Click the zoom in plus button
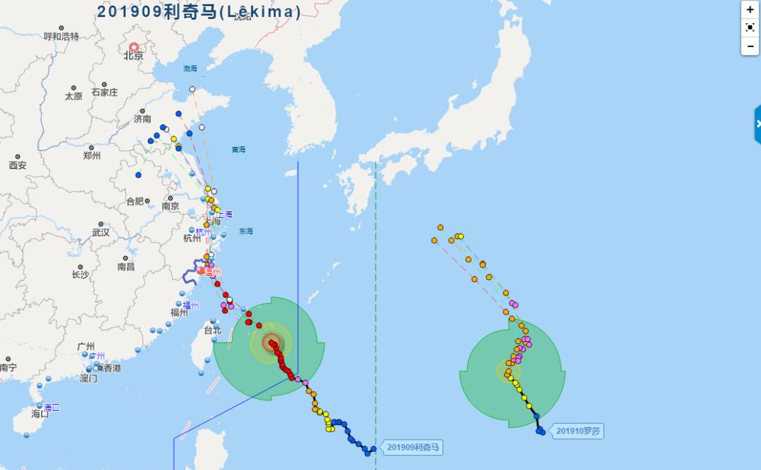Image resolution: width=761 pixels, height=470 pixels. (x=750, y=10)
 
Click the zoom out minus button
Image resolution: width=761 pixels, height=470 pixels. (x=750, y=46)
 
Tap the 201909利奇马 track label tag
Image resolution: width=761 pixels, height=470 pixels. (x=414, y=447)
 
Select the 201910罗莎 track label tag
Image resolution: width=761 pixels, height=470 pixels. (x=579, y=431)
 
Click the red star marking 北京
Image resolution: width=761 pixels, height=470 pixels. (x=134, y=47)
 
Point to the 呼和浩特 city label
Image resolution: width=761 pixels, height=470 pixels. (x=61, y=37)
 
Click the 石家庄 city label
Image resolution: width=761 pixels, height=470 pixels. (x=104, y=92)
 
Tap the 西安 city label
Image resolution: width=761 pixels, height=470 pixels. (x=18, y=165)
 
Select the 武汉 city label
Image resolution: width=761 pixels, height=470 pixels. (x=101, y=232)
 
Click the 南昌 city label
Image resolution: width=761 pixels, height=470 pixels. (x=126, y=267)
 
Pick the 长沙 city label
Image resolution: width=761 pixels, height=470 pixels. (x=80, y=274)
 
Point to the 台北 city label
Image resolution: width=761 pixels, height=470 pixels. (x=212, y=330)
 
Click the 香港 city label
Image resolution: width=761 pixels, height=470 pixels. (x=112, y=368)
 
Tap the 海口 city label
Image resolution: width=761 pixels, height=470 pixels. (x=40, y=414)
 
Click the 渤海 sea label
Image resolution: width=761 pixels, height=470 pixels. (x=190, y=69)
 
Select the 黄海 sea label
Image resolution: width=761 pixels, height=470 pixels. (x=238, y=149)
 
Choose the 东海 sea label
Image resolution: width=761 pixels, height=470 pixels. (x=245, y=231)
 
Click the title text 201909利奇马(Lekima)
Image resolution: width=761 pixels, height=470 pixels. (x=199, y=11)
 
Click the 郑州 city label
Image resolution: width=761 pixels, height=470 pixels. (x=92, y=155)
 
